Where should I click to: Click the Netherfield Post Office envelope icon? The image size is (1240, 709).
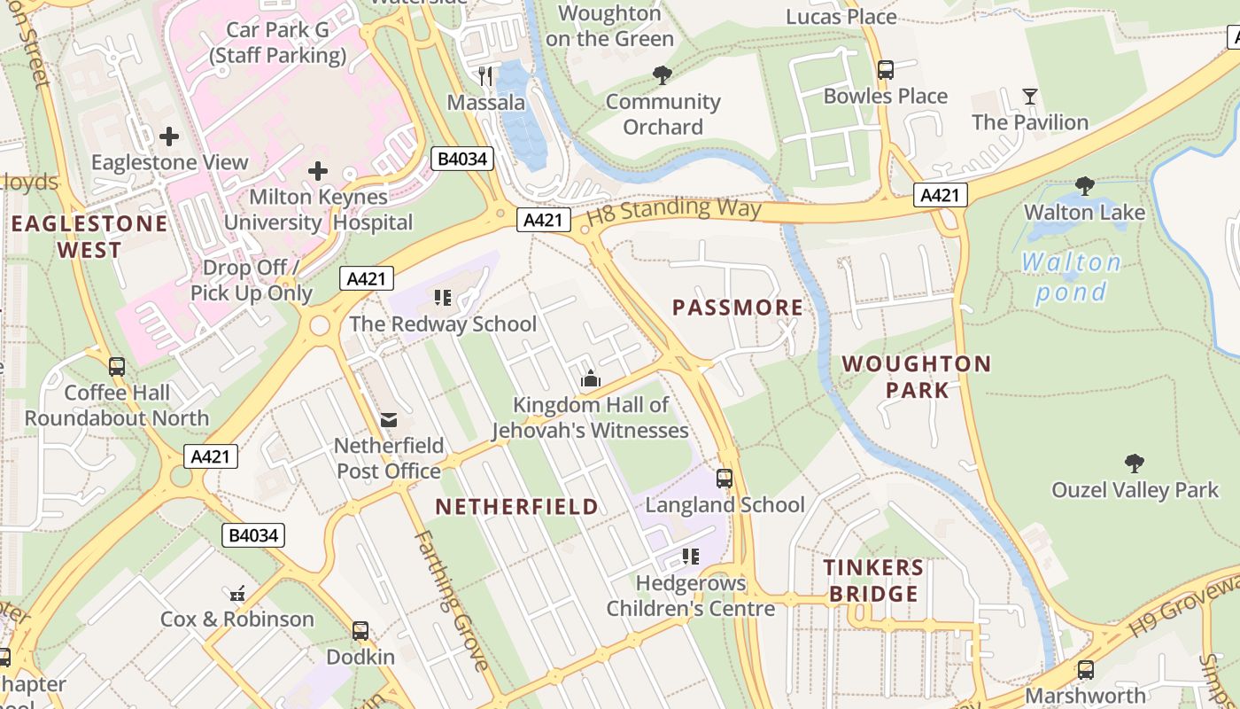388,420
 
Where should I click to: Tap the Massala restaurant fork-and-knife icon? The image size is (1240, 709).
484,75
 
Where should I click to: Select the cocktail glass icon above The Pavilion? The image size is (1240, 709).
1029,96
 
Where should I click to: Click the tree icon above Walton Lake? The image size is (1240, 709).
1084,185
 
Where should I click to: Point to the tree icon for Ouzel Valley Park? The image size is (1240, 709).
1134,463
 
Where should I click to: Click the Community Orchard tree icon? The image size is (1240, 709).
662,75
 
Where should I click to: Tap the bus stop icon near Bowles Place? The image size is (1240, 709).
885,70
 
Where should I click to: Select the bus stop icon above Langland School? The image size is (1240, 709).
725,479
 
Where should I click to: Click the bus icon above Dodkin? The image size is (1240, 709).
360,631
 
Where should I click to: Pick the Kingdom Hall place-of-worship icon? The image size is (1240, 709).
591,379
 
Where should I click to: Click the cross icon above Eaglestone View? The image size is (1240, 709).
169,136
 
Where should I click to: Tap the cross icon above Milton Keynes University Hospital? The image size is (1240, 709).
317,170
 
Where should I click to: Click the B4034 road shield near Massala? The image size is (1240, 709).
461,160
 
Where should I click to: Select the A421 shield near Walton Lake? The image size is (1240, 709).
940,195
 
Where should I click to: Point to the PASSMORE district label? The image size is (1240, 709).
738,308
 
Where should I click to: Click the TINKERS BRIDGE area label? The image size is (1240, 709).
873,580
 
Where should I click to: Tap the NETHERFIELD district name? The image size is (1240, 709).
517,507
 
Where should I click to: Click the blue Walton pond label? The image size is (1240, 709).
1072,277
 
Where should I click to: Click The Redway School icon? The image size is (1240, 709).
442,297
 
